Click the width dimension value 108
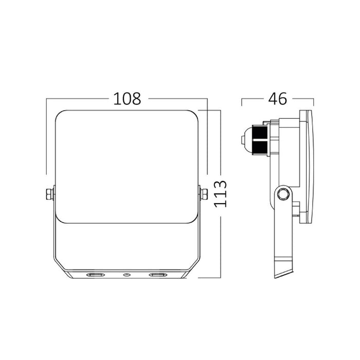coord(127,99)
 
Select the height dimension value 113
coord(221,194)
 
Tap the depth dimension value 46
coord(278,99)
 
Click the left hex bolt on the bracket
coord(49,194)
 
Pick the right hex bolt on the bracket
coord(204,194)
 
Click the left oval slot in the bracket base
coord(95,275)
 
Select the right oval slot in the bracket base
coord(158,275)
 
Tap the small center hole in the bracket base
coord(127,275)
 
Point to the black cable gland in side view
coord(260,140)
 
